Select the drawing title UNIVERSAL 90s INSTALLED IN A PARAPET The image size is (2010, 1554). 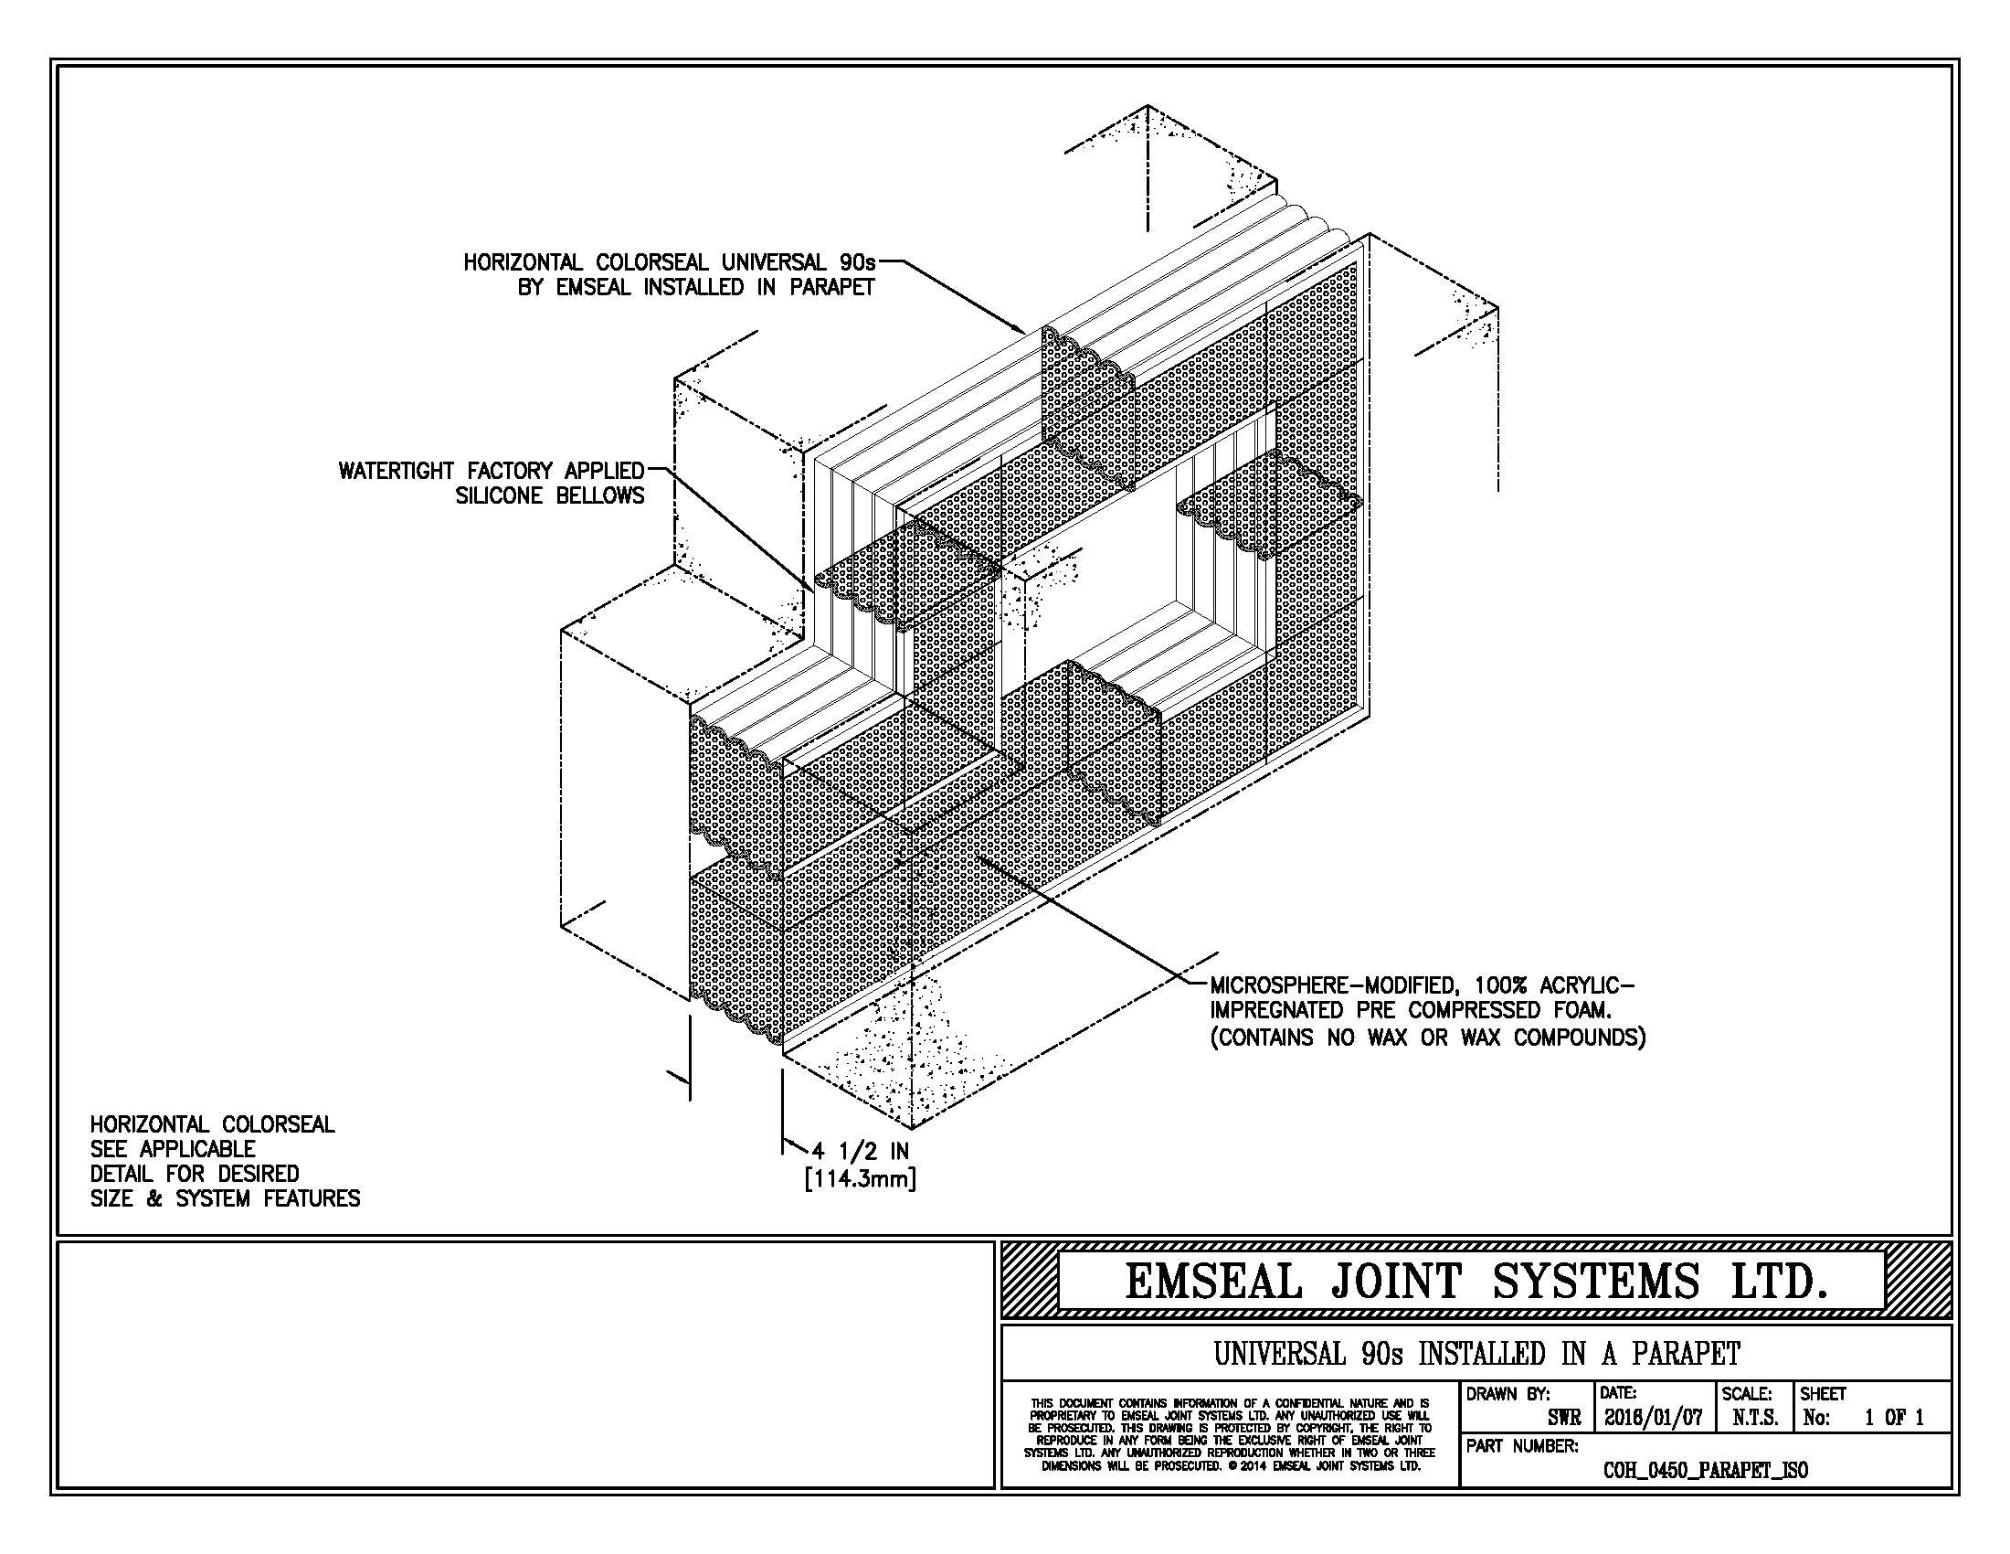click(1476, 1354)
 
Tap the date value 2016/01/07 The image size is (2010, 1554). click(1653, 1418)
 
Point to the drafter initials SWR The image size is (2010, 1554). click(1563, 1419)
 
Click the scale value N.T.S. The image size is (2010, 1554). click(1754, 1419)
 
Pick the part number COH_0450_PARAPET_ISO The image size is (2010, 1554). click(1705, 1470)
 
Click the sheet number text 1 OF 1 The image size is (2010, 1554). click(1894, 1419)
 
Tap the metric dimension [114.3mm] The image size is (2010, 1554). click(861, 1178)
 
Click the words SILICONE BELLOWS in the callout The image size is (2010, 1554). click(550, 496)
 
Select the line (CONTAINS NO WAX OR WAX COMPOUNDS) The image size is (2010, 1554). click(1426, 1038)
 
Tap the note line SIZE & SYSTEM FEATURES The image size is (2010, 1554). click(225, 1198)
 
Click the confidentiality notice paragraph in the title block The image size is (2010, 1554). click(1230, 1434)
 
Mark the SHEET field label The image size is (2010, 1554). click(1824, 1394)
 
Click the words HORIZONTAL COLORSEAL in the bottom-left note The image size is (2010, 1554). click(213, 1124)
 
